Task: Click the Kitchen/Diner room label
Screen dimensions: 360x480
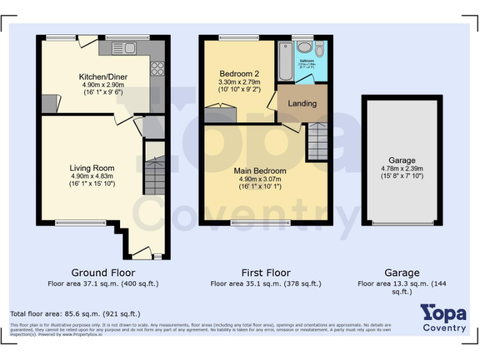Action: point(103,76)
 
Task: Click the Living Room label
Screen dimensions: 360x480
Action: point(92,168)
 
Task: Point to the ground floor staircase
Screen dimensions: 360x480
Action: point(154,176)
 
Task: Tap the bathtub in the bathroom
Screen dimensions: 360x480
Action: point(286,61)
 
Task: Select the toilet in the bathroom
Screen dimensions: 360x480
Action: point(319,49)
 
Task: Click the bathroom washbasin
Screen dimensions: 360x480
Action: point(305,47)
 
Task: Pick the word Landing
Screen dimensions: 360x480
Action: point(302,103)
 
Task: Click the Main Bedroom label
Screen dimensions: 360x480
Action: point(260,171)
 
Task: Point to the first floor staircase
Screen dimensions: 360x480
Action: point(317,141)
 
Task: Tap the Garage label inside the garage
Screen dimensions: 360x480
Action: point(401,161)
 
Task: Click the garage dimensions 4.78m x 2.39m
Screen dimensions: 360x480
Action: point(401,168)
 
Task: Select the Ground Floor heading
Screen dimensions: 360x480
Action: point(103,272)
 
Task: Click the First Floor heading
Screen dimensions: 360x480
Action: point(266,272)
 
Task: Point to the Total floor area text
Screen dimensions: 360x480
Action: point(75,314)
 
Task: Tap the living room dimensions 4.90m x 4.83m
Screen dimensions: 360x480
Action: point(92,176)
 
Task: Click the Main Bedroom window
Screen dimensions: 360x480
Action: point(261,222)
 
